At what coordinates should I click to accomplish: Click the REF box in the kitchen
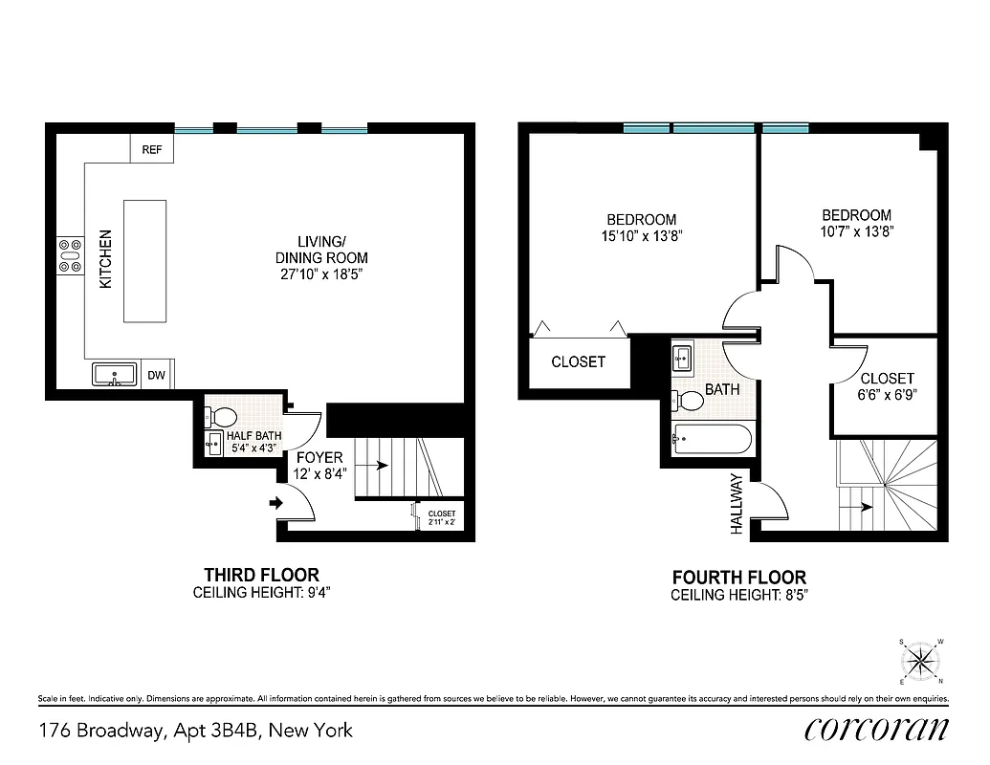coord(151,149)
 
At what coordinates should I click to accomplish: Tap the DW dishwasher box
coord(156,376)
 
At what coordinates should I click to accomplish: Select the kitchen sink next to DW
coord(115,375)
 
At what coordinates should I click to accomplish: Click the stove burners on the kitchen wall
coord(70,255)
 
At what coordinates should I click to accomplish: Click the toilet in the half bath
coord(225,417)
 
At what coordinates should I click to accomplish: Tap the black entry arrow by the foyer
coord(277,502)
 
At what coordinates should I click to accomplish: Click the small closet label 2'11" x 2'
coord(442,518)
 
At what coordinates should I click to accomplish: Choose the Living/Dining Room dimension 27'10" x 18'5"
coord(320,275)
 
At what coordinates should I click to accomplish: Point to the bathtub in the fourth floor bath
coord(712,439)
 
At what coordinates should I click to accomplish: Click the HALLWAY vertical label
coord(737,503)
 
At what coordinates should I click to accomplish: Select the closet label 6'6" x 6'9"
coord(887,394)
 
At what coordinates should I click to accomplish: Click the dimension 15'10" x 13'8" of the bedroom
coord(642,234)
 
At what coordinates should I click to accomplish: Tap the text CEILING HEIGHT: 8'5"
coord(738,595)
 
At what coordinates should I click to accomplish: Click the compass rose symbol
coord(921,661)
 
